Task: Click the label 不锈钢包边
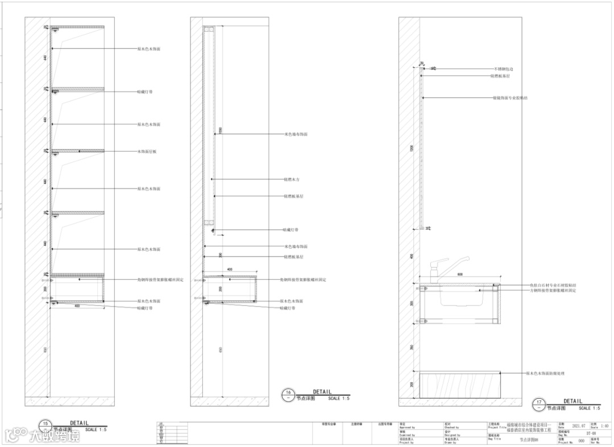[503, 69]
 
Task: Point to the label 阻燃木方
[292, 179]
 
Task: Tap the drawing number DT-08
[591, 433]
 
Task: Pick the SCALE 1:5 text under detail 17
[589, 408]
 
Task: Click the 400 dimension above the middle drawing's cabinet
[230, 269]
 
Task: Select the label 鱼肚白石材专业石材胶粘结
[553, 285]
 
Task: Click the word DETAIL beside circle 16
[322, 392]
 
